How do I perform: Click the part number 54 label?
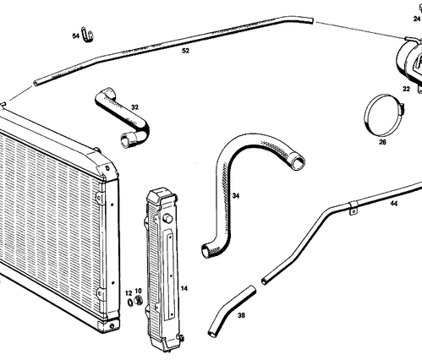pos(75,36)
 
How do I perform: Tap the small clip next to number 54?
pos(86,35)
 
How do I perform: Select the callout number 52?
pos(185,51)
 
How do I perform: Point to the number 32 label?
pos(134,107)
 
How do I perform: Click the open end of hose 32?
pos(125,141)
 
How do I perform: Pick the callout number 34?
pos(236,195)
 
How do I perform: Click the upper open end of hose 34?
pos(299,162)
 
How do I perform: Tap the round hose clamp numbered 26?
pos(384,115)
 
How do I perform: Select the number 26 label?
pos(382,142)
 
